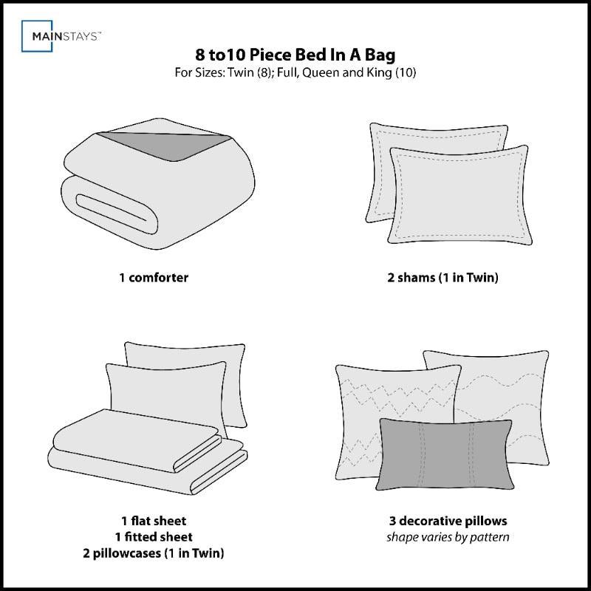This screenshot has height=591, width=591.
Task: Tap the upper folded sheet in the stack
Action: (x=133, y=440)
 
